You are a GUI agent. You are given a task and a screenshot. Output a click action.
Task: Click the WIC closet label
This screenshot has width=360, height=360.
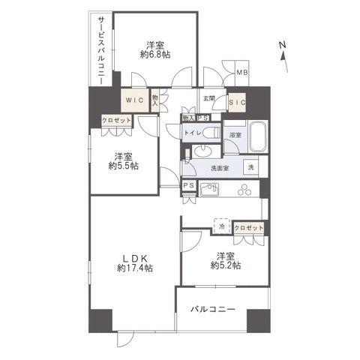(134, 100)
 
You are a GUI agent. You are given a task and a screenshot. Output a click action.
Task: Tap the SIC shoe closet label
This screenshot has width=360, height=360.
(237, 103)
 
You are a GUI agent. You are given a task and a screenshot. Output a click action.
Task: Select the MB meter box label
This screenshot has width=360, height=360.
(242, 73)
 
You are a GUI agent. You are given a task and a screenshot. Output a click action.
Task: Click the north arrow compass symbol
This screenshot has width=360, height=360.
(283, 57)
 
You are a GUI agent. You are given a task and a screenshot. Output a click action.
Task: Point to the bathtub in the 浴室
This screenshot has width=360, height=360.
(259, 137)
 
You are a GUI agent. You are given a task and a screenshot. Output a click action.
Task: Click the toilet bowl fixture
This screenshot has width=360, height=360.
(211, 133)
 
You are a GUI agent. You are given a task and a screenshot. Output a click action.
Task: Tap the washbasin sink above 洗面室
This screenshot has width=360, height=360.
(203, 151)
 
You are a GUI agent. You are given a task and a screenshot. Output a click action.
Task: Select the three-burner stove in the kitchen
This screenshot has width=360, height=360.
(244, 190)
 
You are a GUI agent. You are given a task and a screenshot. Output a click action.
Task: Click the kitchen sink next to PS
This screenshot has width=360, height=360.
(209, 190)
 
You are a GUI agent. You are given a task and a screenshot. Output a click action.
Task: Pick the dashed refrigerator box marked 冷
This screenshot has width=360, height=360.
(222, 226)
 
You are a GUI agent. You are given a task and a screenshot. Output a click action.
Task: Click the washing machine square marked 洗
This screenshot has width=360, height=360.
(251, 167)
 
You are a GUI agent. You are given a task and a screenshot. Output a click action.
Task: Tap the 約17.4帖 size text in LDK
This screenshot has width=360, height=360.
(135, 268)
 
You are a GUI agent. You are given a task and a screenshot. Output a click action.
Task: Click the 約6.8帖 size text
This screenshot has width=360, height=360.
(155, 54)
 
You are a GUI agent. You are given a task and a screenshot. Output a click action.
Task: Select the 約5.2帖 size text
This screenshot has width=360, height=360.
(226, 265)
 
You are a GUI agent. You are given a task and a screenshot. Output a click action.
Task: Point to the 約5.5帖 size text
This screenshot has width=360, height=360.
(124, 166)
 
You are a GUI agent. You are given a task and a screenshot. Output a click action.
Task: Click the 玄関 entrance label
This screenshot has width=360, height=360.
(209, 98)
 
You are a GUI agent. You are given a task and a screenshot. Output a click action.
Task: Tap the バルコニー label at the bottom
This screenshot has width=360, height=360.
(213, 310)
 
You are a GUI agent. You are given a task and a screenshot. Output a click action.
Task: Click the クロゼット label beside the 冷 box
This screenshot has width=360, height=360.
(249, 228)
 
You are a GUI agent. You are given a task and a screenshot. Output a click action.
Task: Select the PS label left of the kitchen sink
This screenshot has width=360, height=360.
(189, 185)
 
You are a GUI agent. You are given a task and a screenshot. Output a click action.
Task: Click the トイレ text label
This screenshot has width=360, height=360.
(193, 133)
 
